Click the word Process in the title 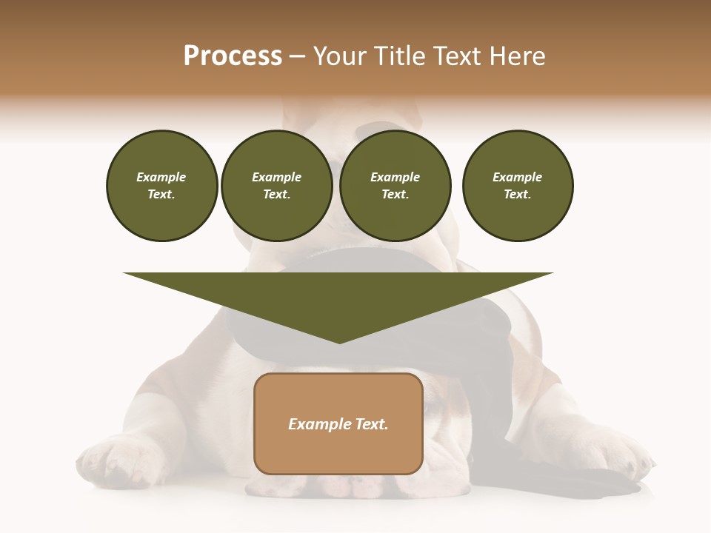click(233, 56)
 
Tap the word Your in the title click(339, 56)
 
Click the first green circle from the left click(161, 186)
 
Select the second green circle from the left click(277, 186)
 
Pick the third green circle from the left click(395, 186)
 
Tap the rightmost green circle click(518, 186)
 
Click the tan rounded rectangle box click(338, 423)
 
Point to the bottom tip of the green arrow click(339, 342)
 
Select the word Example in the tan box click(317, 424)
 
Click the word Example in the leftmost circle click(161, 177)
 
